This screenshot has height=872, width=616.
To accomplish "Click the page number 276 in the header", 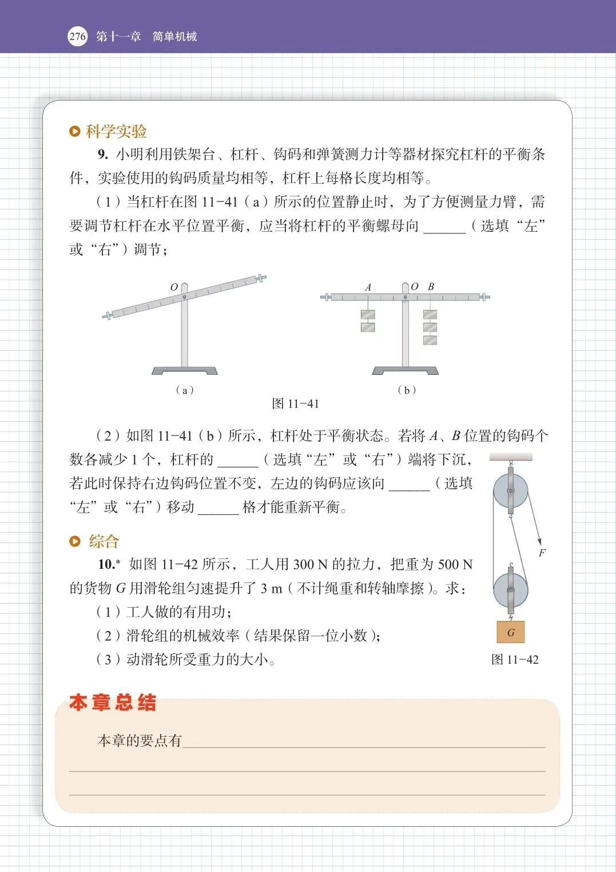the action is [x=77, y=37].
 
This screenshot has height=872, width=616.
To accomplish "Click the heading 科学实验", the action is [x=116, y=131].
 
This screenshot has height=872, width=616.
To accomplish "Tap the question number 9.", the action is [x=102, y=154].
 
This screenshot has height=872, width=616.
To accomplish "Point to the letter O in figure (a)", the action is [x=174, y=287].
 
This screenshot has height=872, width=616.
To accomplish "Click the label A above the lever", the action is [x=368, y=287].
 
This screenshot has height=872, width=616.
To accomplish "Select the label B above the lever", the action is [x=431, y=287].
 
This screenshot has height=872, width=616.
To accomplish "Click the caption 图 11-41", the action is [x=295, y=404].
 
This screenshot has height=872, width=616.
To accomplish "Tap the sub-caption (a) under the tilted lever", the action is [x=185, y=390].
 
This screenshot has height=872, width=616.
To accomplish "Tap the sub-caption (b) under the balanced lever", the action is [x=407, y=390].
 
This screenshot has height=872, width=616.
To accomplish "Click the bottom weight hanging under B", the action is [x=430, y=340].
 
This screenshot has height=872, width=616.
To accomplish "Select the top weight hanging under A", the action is [x=368, y=315].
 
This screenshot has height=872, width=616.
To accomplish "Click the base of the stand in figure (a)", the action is [x=184, y=371].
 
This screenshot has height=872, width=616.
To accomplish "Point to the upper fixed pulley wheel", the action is [x=511, y=491].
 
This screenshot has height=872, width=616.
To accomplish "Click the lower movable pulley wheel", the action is [x=511, y=590].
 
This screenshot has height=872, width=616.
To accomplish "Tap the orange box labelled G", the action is [x=511, y=632].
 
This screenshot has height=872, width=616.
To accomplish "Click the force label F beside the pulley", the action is [x=542, y=553].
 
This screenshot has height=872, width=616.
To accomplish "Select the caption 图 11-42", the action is [x=515, y=660].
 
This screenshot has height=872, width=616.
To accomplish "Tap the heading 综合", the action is [x=104, y=541].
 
